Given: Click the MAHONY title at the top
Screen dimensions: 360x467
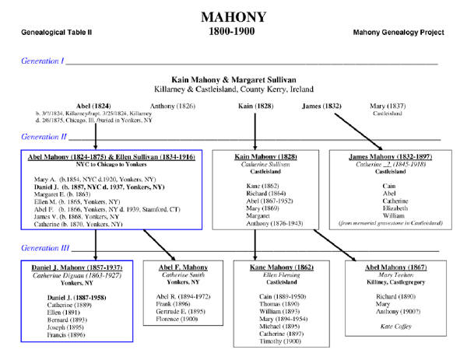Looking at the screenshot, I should point(233,16).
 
